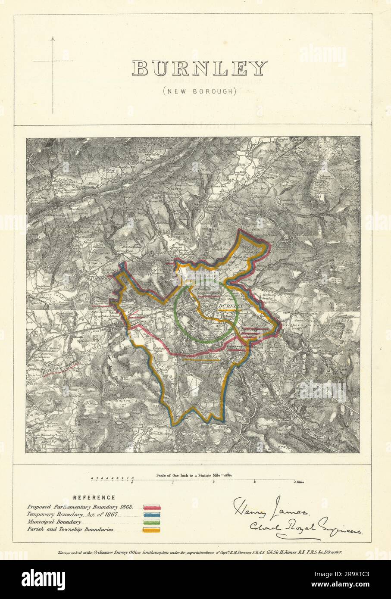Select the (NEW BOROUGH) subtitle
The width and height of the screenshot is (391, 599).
[x=200, y=91]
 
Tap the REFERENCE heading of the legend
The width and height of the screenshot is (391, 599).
[x=94, y=497]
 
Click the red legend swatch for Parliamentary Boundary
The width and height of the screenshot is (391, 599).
[x=152, y=507]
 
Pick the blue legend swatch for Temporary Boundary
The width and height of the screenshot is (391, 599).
[x=152, y=515]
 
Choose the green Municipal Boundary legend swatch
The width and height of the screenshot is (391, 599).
[x=152, y=522]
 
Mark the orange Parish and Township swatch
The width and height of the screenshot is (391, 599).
[x=152, y=530]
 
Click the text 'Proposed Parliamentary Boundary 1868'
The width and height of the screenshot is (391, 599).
[x=80, y=507]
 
